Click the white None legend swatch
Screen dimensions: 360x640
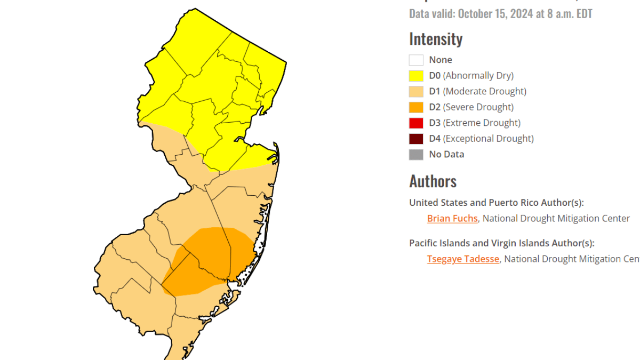416,60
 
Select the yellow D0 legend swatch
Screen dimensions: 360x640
416,76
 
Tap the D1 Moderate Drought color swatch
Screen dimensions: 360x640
416,92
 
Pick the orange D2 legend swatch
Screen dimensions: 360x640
416,107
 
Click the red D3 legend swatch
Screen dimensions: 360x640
416,123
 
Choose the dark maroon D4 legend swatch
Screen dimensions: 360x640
416,139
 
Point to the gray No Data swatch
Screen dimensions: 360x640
416,155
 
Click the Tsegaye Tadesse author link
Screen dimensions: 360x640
463,259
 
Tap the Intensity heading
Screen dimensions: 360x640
436,39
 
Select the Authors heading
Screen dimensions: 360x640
433,181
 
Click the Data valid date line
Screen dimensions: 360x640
500,13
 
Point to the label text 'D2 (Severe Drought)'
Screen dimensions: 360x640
471,107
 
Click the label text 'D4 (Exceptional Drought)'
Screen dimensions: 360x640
481,139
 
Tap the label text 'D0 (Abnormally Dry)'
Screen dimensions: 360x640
471,76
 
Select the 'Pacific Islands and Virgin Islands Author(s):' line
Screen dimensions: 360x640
501,243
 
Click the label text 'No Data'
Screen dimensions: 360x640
446,155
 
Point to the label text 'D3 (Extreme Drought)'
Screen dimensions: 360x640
475,123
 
